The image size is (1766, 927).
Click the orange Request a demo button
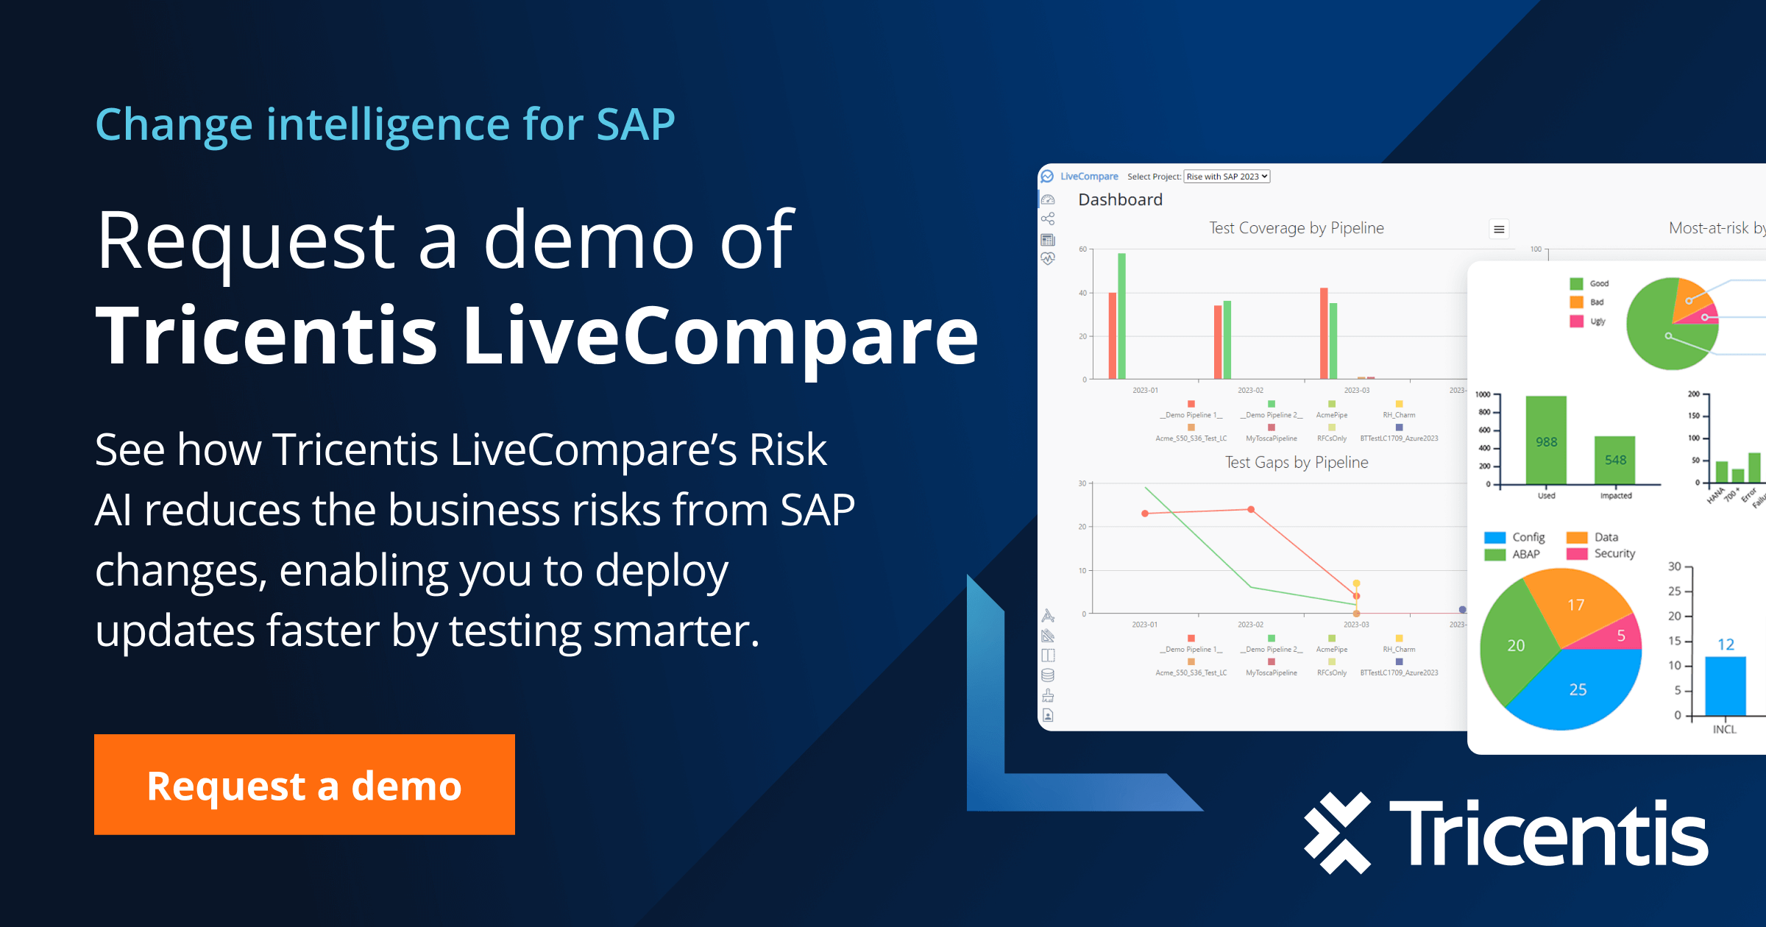pos(304,784)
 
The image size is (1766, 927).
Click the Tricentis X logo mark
pos(1337,833)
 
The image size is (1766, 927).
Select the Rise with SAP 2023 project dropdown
pos(1227,177)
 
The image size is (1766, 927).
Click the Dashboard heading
pos(1120,199)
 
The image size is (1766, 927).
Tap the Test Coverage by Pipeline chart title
pos(1296,228)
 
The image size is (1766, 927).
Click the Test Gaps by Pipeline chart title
pos(1296,462)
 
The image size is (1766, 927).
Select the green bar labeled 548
pos(1614,460)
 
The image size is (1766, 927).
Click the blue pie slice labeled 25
pos(1578,689)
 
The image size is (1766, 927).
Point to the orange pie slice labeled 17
pos(1575,604)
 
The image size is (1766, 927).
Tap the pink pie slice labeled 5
pos(1620,636)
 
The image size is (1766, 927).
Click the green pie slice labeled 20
pos(1515,645)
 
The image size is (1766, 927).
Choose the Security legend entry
pos(1614,553)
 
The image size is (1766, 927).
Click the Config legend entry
pos(1527,537)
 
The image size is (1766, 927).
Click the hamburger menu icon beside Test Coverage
pos(1499,230)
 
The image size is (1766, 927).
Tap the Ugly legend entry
pos(1597,322)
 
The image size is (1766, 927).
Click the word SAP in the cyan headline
pos(635,124)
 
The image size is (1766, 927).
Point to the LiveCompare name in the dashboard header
pos(1088,177)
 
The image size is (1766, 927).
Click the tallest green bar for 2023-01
pos(1121,316)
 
